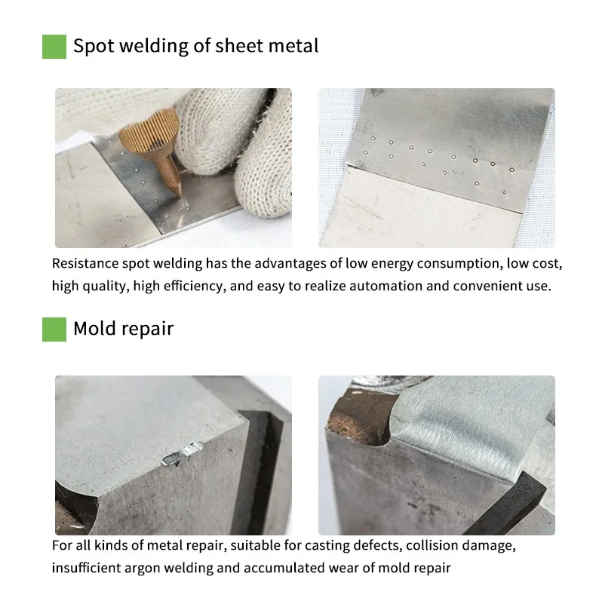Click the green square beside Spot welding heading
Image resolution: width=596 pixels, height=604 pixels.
[54, 46]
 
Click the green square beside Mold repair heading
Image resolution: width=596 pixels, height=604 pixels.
[54, 330]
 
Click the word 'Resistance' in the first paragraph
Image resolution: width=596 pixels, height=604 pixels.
[84, 264]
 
